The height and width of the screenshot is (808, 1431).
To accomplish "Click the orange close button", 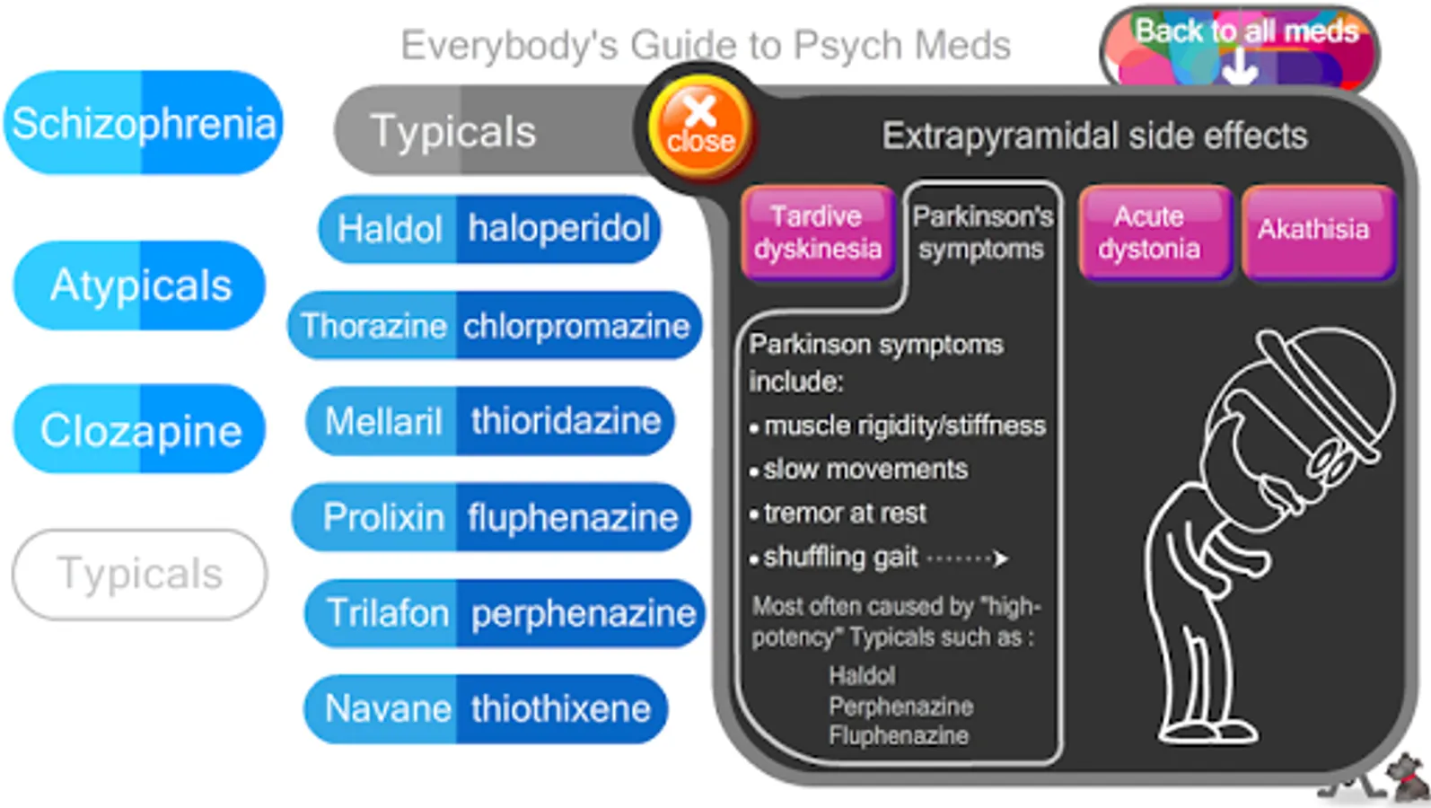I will click(700, 125).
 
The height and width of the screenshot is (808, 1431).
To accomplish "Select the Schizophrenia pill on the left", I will click(144, 123).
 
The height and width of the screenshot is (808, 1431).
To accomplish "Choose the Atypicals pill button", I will click(140, 285).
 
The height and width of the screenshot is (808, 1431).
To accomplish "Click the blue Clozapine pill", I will click(140, 430).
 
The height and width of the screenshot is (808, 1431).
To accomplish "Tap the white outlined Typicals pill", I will click(140, 574).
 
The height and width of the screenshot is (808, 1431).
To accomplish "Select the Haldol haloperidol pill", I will click(490, 229).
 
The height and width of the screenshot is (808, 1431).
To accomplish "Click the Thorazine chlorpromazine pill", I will click(494, 325).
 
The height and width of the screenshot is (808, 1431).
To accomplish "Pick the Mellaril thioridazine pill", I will click(490, 421).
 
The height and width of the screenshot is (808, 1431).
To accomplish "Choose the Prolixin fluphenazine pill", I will click(492, 517).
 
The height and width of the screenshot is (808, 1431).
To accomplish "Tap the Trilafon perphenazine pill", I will click(505, 613).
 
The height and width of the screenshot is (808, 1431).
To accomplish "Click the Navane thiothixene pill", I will click(486, 709).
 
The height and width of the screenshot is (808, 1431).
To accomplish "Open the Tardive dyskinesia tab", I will click(817, 232).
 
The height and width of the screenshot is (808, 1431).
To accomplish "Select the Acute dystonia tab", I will click(1149, 232).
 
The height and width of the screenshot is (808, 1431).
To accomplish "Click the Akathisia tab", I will click(1314, 230).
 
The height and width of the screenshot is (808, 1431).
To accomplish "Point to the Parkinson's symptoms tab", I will click(982, 232).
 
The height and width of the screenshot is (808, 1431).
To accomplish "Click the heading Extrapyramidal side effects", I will click(1093, 136).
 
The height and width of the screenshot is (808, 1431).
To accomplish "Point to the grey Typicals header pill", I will click(485, 131).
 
